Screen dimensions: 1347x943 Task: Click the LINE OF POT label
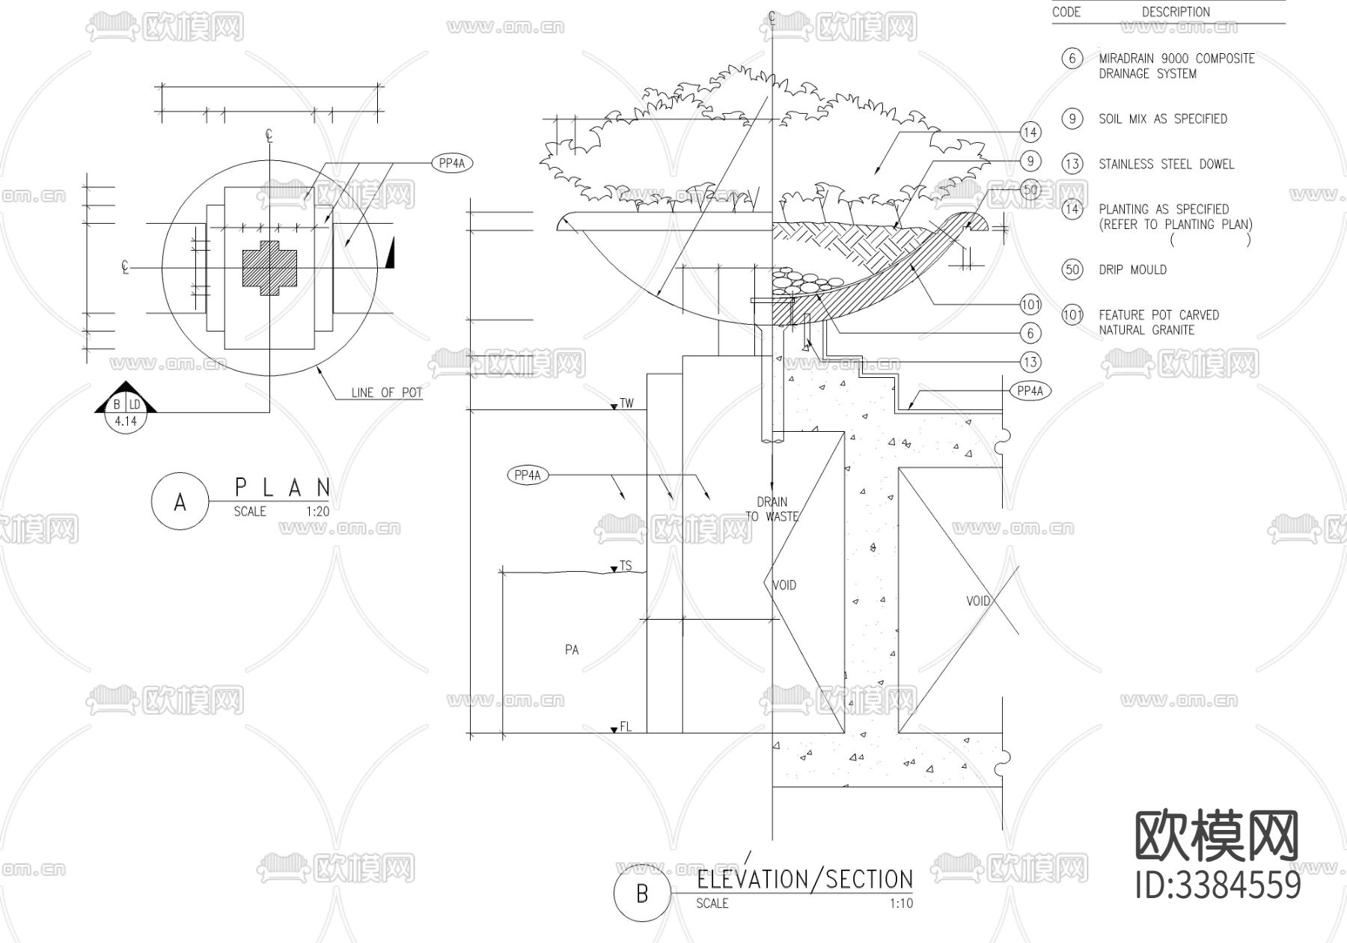pyautogui.click(x=387, y=392)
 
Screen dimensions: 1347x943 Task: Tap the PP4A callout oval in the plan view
pyautogui.click(x=453, y=163)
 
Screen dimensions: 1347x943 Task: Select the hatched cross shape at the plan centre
pyautogui.click(x=269, y=269)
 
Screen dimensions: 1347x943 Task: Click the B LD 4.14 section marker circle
pyautogui.click(x=126, y=412)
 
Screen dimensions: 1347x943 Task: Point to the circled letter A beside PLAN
pyautogui.click(x=180, y=502)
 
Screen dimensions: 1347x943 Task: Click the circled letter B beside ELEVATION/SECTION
pyautogui.click(x=641, y=894)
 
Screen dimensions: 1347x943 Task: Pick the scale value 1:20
pyautogui.click(x=317, y=512)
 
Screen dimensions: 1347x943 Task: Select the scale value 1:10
pyautogui.click(x=901, y=903)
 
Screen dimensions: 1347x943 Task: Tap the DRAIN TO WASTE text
pyautogui.click(x=772, y=509)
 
